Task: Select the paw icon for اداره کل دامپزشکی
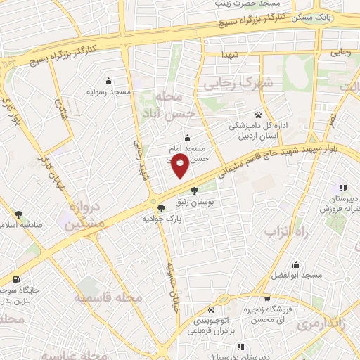(x=259, y=114)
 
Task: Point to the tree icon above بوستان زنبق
(x=194, y=189)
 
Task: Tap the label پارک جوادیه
(x=148, y=218)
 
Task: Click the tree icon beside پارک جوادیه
(x=161, y=207)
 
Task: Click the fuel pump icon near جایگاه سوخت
(x=16, y=281)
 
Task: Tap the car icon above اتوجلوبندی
(x=212, y=309)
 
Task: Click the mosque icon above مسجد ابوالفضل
(x=297, y=265)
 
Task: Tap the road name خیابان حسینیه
(x=171, y=288)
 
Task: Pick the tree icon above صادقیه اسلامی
(x=18, y=214)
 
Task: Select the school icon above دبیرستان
(x=343, y=188)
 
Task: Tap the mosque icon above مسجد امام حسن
(x=186, y=139)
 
